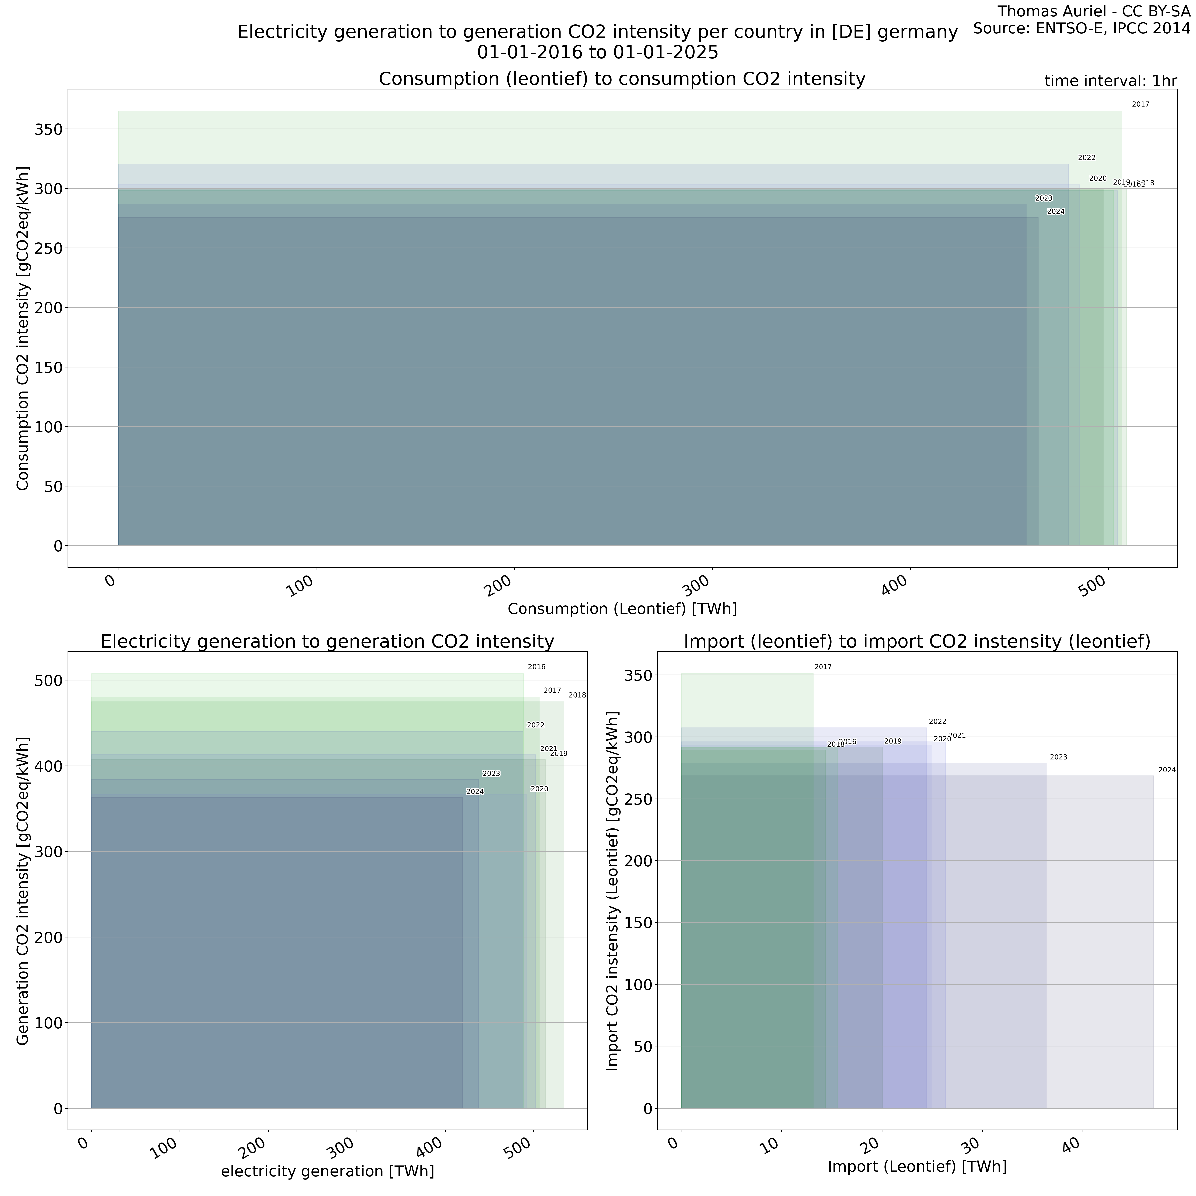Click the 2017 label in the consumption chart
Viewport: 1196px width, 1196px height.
[1140, 105]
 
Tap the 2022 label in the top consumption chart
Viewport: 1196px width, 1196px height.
[1086, 158]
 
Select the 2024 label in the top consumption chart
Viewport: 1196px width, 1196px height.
[1055, 212]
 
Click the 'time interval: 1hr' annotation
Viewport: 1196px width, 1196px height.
[1110, 81]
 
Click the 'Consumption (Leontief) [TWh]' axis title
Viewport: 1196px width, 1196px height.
[622, 609]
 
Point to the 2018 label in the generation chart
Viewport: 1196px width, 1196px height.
[577, 696]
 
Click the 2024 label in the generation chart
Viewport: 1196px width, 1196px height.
[475, 792]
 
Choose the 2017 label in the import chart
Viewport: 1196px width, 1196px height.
[823, 667]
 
